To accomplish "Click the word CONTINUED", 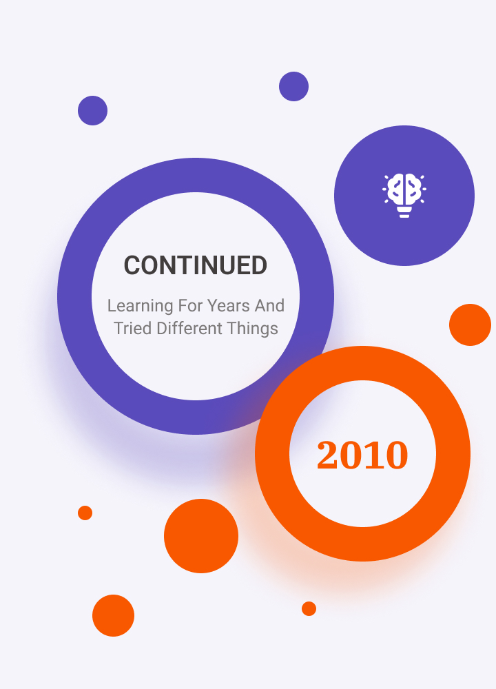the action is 196,265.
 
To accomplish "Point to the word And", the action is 270,305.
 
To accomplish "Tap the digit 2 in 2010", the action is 328,455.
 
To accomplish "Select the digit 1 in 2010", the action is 373,455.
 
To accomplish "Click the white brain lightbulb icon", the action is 404,196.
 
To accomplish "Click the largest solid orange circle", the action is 201,536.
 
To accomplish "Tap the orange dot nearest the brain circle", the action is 470,325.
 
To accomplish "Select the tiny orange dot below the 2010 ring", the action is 309,608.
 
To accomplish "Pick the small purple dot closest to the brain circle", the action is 294,87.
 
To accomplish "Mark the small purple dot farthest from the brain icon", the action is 93,111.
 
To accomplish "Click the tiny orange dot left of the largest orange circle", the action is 85,513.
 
